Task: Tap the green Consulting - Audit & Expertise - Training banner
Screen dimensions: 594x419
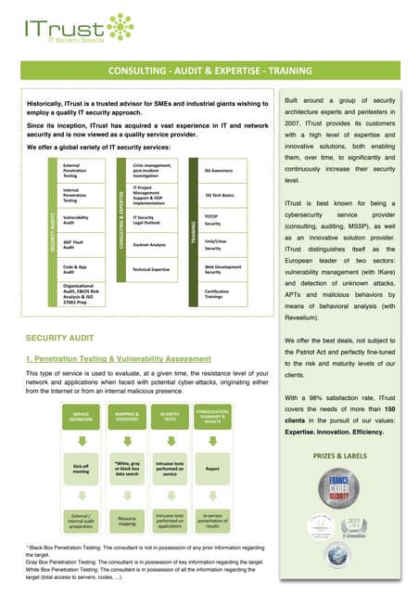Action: pyautogui.click(x=209, y=72)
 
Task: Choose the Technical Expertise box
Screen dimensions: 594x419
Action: pyautogui.click(x=151, y=268)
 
